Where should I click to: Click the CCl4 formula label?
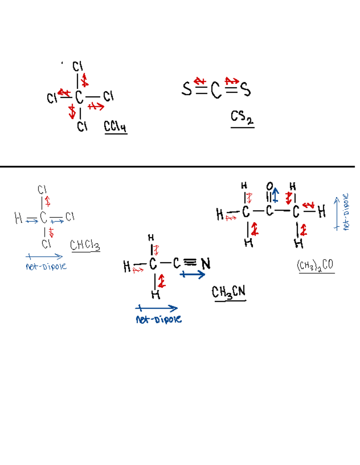pos(115,126)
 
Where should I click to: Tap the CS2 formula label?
pos(242,117)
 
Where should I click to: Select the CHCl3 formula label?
pos(85,245)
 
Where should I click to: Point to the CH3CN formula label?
pos(229,292)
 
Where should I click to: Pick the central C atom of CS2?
pos(216,90)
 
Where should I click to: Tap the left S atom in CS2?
pos(187,89)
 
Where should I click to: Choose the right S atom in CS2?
pos(245,89)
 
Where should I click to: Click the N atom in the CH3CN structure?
pos(206,264)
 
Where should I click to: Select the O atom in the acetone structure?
pos(270,186)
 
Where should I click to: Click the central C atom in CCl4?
pos(79,97)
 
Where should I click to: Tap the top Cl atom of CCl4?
pos(77,66)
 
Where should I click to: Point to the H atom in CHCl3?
pos(18,218)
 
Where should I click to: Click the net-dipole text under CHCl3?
pos(46,267)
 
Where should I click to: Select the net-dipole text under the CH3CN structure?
pos(158,319)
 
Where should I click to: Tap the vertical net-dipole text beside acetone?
pos(346,212)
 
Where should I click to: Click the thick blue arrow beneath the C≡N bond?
pos(192,274)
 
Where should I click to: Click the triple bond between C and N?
pos(190,262)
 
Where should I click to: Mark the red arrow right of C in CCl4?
pos(96,106)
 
